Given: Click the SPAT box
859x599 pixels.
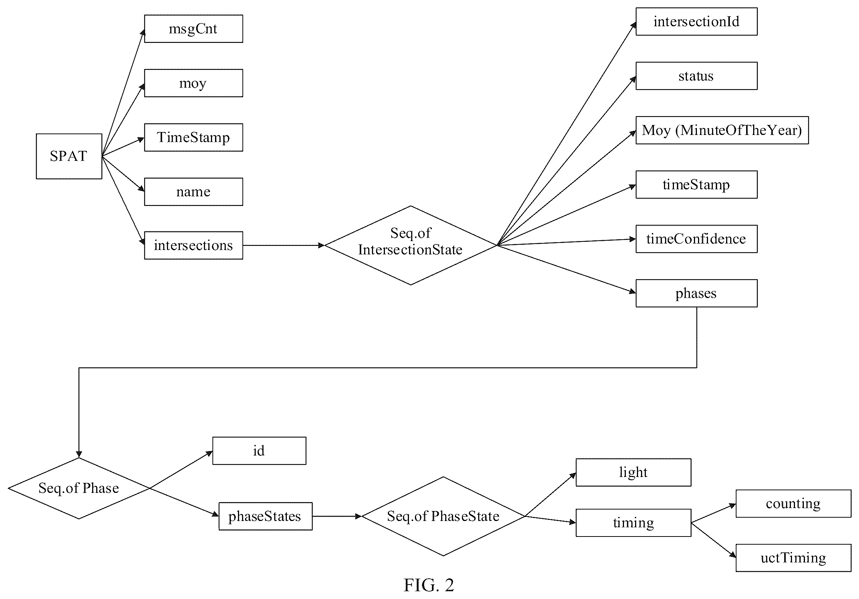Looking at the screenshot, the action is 69,156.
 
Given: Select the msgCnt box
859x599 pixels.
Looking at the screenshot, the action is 194,29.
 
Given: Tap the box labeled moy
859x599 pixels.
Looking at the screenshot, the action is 194,83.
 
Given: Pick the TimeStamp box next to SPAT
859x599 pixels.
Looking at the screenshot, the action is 194,137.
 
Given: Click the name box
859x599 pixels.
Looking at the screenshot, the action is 194,192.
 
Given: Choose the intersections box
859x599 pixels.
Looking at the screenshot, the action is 194,246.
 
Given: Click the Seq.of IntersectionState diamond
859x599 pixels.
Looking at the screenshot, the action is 410,245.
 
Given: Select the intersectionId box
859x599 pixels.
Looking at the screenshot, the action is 697,22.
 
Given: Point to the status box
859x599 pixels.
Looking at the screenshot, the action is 697,76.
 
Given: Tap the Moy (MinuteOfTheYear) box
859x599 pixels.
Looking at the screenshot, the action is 722,130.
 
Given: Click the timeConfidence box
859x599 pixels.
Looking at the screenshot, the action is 697,239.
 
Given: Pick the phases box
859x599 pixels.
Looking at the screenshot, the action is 697,293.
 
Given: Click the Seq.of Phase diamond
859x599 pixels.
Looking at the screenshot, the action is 79,488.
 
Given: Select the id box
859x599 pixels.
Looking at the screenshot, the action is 259,451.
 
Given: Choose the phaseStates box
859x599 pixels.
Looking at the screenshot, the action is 266,516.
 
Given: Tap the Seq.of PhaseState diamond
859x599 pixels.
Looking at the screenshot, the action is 443,516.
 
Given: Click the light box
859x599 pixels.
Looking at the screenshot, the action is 633,472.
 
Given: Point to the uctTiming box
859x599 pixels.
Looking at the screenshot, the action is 793,558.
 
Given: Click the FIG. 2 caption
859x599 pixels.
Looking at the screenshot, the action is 429,585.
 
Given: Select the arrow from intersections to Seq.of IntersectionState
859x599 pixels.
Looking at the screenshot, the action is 283,246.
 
